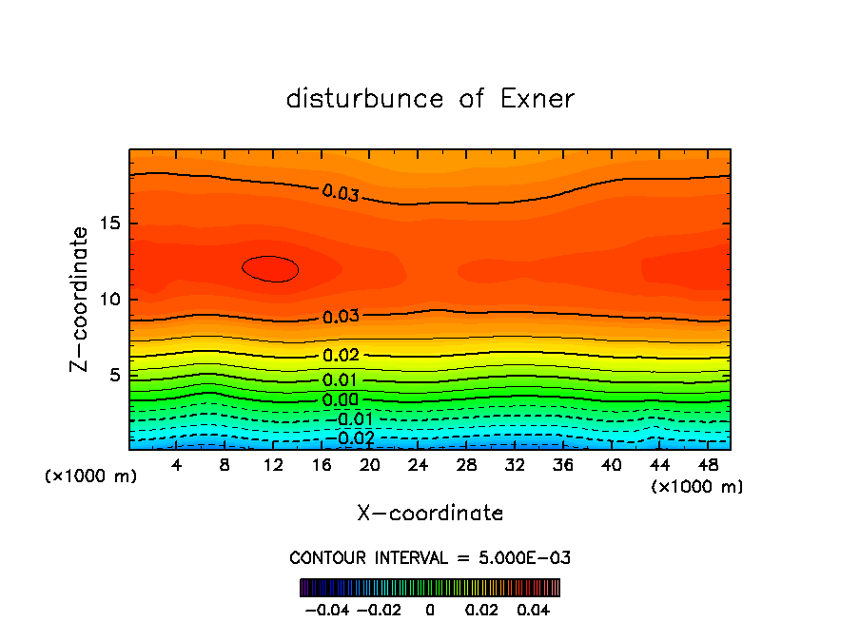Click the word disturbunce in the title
point(366,99)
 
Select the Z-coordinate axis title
point(82,299)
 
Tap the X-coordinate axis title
point(430,514)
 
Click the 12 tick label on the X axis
point(273,465)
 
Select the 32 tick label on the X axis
point(515,465)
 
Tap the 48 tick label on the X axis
point(708,465)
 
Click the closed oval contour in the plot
point(270,269)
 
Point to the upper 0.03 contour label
point(341,193)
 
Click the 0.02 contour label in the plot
point(341,356)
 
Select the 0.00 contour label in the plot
point(341,400)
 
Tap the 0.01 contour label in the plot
point(341,380)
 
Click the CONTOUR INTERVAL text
point(430,557)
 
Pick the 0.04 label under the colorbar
point(536,609)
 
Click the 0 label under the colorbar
point(430,609)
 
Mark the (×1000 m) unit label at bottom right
point(696,487)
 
